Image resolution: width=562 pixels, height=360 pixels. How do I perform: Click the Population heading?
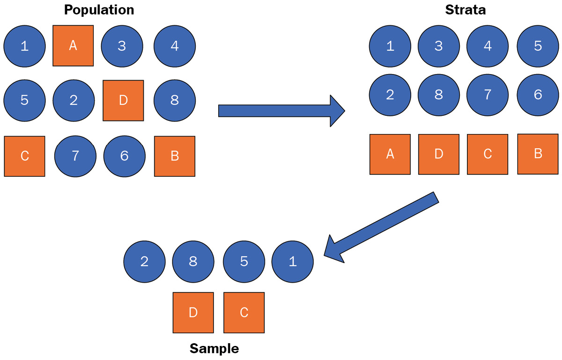pos(99,10)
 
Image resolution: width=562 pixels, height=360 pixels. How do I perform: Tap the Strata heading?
pos(466,10)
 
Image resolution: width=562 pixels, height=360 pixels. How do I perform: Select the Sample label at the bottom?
pos(214,348)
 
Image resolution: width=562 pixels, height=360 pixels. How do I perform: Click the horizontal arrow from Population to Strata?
pos(281,111)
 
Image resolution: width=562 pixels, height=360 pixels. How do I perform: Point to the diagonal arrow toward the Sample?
pos(381,227)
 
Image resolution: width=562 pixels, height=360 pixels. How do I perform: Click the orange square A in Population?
pos(73,45)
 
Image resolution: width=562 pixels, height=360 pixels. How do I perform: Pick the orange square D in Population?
pos(123,100)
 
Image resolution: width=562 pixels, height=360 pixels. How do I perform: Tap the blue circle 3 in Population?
pos(122,46)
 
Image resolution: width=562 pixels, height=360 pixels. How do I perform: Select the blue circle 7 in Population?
pos(75,156)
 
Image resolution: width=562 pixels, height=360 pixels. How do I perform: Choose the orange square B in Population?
pos(175,156)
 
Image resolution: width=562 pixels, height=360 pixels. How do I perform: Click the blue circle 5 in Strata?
pos(538,46)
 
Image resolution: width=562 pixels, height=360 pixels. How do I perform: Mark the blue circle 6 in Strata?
pos(538,95)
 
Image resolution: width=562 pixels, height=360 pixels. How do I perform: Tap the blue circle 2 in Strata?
pos(390,95)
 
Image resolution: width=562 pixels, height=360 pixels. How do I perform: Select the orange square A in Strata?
pos(390,154)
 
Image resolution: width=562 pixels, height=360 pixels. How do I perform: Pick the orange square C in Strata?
pos(488,154)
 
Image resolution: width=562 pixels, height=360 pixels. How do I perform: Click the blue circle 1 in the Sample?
pos(293,262)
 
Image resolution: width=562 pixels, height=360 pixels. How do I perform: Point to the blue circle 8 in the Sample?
pos(193,262)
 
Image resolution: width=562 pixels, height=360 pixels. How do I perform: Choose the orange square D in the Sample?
pos(193,313)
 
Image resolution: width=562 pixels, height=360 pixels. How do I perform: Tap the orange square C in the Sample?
pos(244,313)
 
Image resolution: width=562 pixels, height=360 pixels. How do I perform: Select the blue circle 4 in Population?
pos(175,46)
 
